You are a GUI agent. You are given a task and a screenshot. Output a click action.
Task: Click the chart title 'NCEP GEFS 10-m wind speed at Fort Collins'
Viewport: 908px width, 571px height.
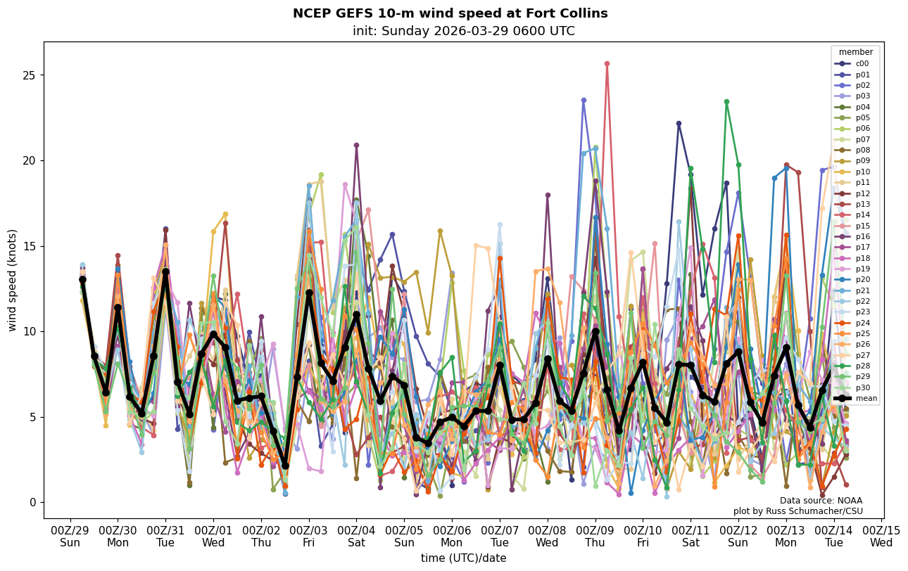pos(450,13)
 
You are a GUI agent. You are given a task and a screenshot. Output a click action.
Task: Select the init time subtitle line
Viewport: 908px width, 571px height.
pos(463,31)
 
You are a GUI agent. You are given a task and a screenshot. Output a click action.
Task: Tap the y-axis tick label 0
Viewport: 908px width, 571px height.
pos(32,502)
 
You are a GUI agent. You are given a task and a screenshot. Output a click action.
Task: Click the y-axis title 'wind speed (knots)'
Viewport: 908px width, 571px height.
pos(13,280)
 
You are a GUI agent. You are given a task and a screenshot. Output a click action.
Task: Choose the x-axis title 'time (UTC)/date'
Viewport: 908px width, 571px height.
pos(463,558)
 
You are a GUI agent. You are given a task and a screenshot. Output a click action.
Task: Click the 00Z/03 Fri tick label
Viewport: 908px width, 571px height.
pos(309,537)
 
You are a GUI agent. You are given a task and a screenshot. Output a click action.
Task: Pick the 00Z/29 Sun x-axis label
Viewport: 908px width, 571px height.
pos(70,537)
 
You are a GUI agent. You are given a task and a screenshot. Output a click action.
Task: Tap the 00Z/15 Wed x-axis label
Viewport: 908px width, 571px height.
pos(881,537)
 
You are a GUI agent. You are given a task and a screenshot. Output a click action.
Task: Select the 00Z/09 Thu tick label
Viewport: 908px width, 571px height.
pos(595,537)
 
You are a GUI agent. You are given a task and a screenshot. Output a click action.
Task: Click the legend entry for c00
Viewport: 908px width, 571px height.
pos(862,63)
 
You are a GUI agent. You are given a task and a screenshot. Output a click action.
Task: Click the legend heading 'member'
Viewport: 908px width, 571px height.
pos(856,52)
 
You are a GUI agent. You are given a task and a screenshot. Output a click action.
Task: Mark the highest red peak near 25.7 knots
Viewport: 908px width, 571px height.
pos(607,63)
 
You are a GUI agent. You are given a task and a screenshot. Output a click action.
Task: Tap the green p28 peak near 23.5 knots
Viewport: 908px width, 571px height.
pos(726,102)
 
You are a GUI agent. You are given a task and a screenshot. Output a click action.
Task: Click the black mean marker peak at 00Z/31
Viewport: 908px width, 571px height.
pos(165,271)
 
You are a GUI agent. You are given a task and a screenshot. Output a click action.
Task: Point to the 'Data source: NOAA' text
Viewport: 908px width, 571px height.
pos(821,501)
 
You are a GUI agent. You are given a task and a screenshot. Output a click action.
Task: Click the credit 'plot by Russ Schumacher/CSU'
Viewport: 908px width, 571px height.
pos(797,511)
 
